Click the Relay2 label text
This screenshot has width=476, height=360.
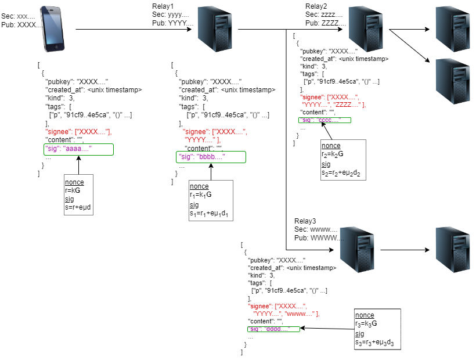(317, 6)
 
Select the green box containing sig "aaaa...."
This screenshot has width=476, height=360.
(79, 150)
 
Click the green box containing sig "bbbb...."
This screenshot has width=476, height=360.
(211, 157)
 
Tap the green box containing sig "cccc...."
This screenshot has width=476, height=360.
(325, 120)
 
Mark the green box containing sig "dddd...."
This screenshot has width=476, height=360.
(273, 329)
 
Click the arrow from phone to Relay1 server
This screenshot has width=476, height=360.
(134, 29)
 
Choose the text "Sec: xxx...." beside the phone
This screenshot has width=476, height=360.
(18, 17)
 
